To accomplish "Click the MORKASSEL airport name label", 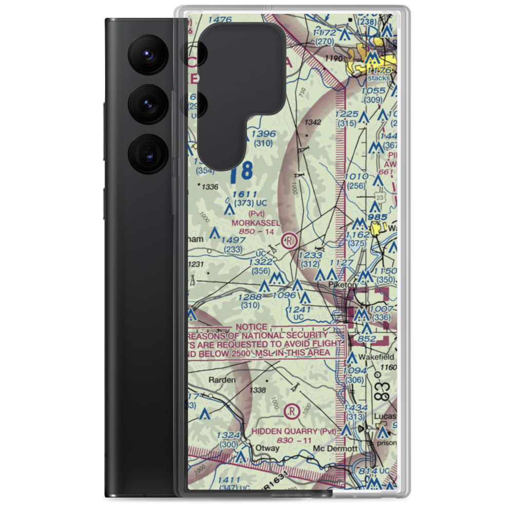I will (x=256, y=223).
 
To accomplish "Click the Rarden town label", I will (x=222, y=380).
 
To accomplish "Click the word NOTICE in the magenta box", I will (x=251, y=327).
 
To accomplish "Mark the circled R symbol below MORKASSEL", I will (x=290, y=240).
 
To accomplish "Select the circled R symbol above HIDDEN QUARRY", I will (x=291, y=410).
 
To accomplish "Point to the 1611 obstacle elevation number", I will (x=244, y=194).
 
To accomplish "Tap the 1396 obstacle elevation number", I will (x=263, y=134).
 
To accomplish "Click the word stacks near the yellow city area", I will (x=379, y=78).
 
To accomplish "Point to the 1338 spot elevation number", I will (x=257, y=390).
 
